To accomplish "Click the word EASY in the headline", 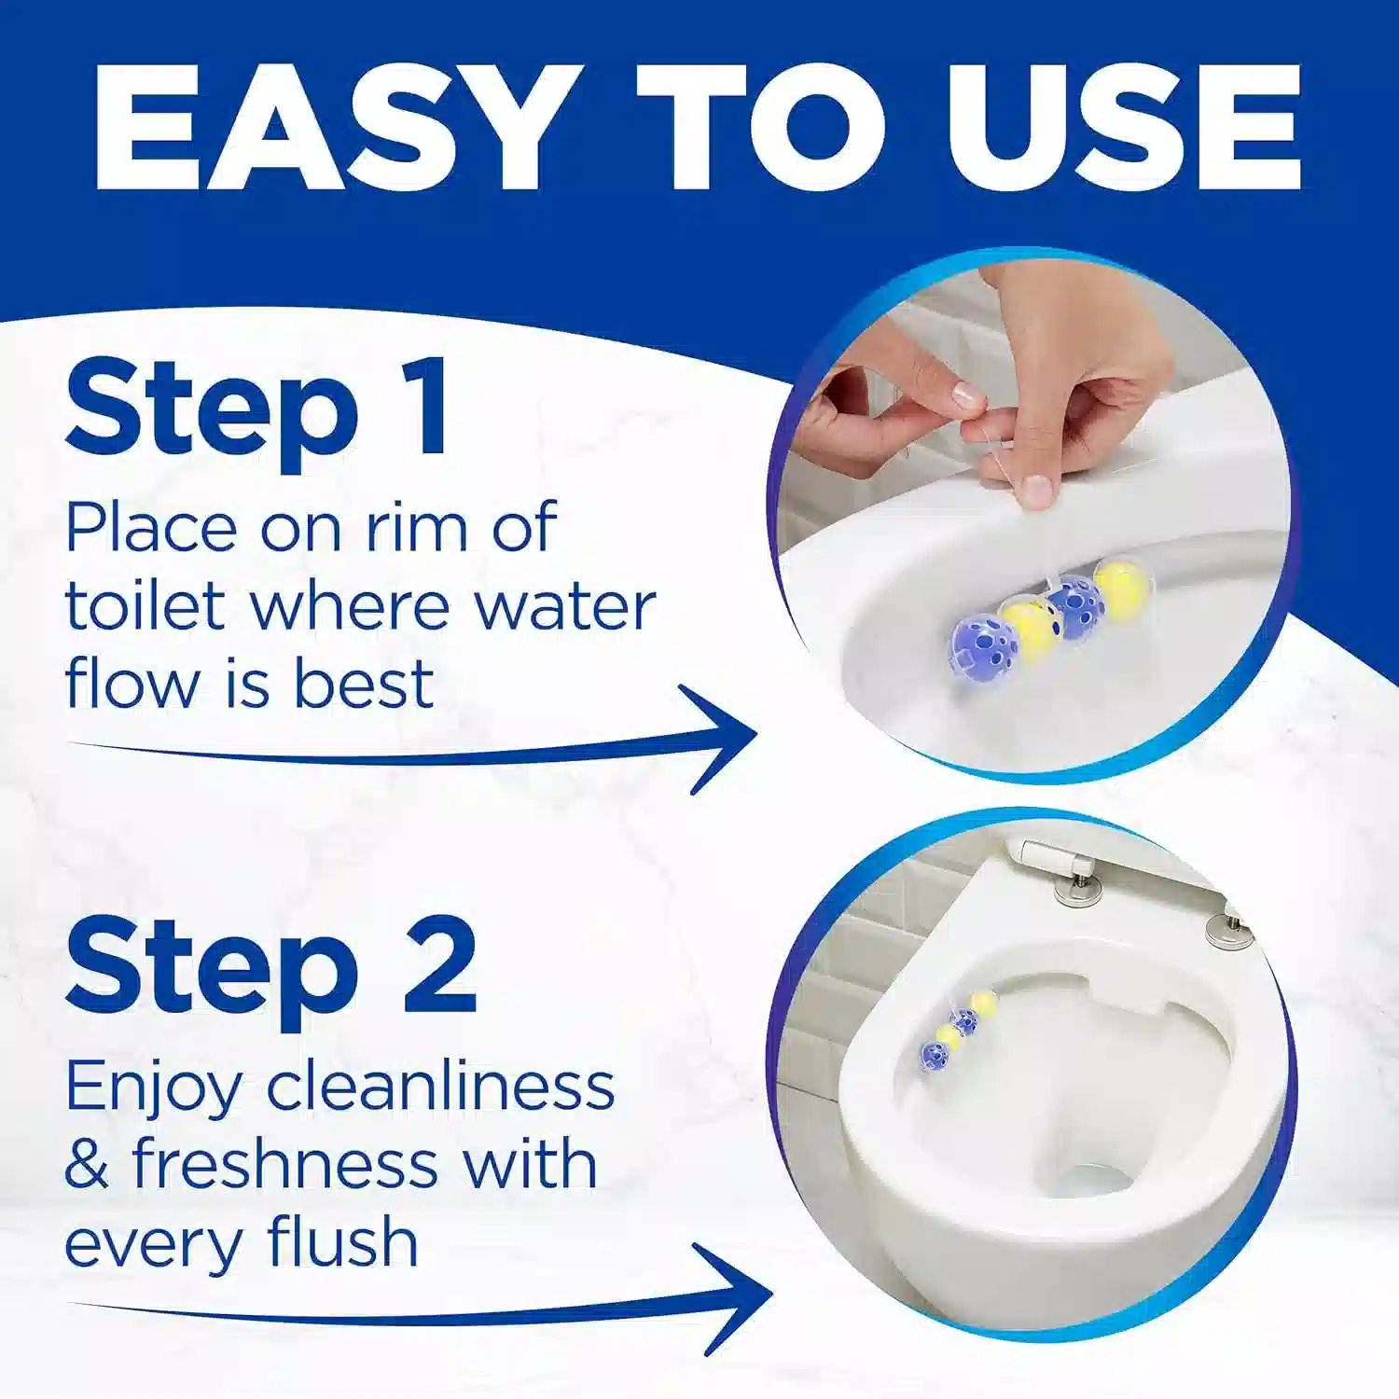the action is [333, 127].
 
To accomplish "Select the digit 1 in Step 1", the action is [425, 408].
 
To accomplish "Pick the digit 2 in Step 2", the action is [440, 964].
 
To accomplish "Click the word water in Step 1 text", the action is [564, 607].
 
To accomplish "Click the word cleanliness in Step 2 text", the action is [441, 1087].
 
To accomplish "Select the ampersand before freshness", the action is [87, 1165].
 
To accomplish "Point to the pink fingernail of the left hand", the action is [967, 396].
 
